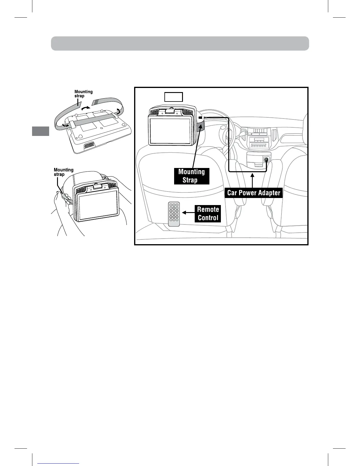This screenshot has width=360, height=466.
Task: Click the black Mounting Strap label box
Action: coord(191,176)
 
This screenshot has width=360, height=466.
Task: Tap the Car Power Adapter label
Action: coord(254,193)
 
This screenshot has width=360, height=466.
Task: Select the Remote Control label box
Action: coord(208,214)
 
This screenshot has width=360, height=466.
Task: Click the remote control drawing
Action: coord(174,214)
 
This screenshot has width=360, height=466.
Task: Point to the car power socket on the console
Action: coord(266,160)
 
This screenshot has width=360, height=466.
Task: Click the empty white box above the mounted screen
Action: coord(174,97)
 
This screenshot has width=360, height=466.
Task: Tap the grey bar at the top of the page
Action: coord(180,44)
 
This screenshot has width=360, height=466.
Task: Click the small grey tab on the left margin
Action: coord(41,131)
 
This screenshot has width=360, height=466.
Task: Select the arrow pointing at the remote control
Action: coord(188,212)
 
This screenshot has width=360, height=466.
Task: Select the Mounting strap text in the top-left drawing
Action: coord(83,94)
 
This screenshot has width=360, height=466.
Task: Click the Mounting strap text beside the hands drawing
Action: coord(63,172)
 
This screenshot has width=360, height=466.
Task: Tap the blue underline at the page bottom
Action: coord(59,464)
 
